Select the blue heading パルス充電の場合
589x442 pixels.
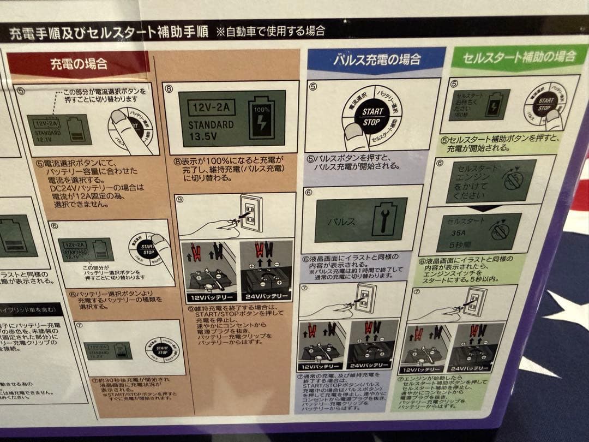point(377,59)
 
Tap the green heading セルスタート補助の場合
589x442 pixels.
point(520,56)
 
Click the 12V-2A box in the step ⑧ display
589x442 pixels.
point(211,106)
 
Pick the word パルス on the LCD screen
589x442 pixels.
point(341,222)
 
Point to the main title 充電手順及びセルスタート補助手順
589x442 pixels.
point(109,32)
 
